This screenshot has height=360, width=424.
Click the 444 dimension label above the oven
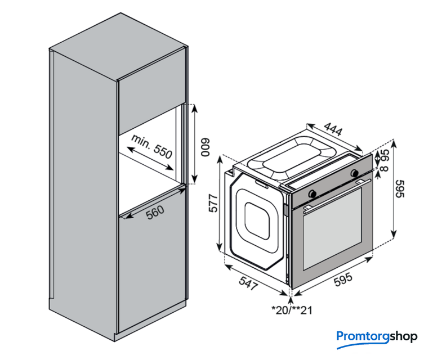click(x=333, y=131)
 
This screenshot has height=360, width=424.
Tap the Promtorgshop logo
click(x=377, y=336)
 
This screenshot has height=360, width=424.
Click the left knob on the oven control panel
click(x=313, y=193)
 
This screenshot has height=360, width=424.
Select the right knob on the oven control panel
click(x=355, y=172)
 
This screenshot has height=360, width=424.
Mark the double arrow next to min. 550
click(x=150, y=159)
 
